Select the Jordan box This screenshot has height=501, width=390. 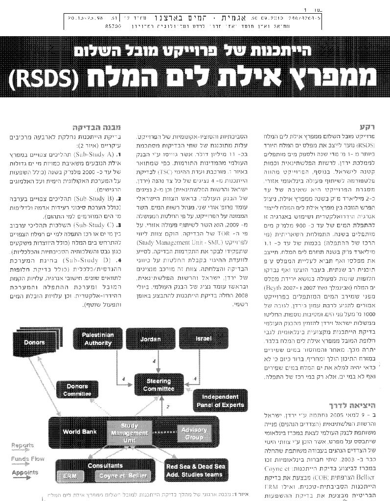point(150,339)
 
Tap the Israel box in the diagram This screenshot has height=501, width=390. point(203,339)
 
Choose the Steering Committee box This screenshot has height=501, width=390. point(159,385)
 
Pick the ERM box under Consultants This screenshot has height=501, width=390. point(67,475)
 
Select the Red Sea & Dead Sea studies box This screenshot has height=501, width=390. point(195,470)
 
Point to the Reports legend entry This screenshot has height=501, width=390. point(23,446)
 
